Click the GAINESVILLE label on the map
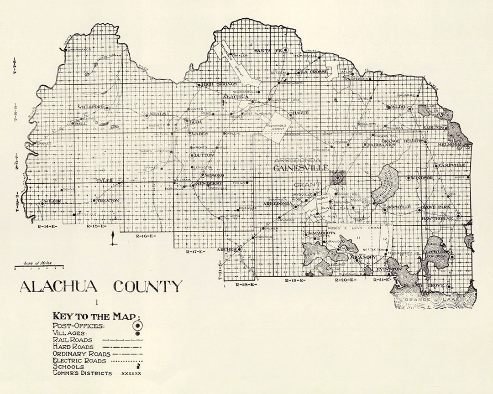[301, 168]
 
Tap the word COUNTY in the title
[147, 287]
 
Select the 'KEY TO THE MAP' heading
[97, 316]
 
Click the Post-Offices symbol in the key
[136, 326]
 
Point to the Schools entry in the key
[68, 367]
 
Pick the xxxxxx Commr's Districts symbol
[131, 373]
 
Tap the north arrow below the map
[113, 238]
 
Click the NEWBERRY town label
[209, 183]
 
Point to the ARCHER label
[227, 249]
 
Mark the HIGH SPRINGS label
[220, 84]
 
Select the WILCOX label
[52, 202]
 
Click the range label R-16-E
[146, 236]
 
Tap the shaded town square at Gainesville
[338, 177]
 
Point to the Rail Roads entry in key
[72, 340]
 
